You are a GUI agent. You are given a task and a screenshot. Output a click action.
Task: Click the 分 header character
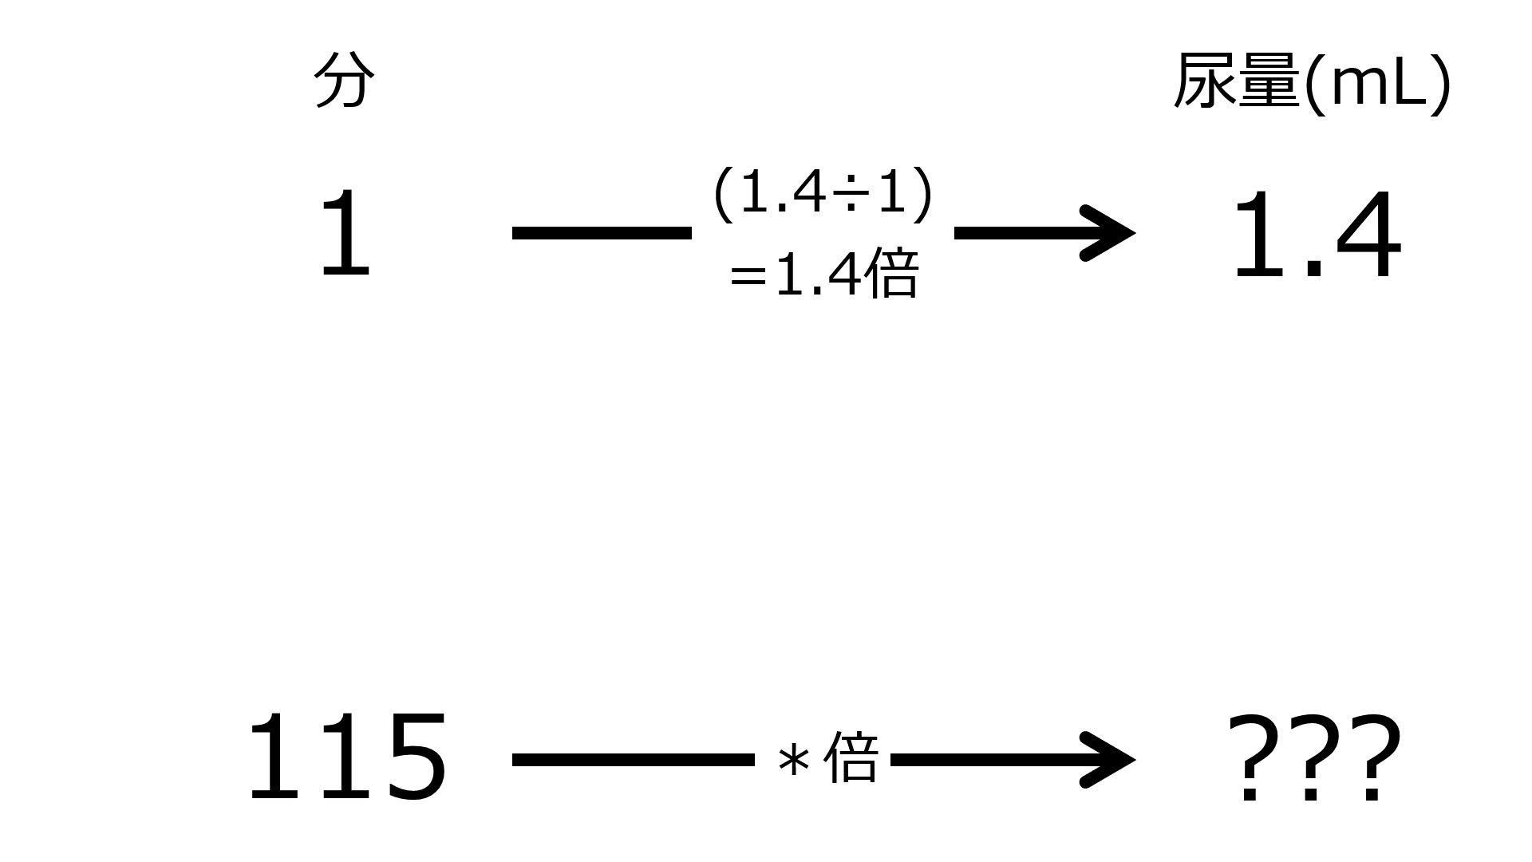click(344, 81)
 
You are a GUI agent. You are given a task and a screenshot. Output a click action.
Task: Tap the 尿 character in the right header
click(1205, 81)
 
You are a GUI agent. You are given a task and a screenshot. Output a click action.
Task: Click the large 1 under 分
click(345, 234)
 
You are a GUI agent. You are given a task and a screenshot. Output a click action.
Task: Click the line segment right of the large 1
click(602, 233)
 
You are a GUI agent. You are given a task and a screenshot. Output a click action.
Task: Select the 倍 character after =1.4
click(891, 273)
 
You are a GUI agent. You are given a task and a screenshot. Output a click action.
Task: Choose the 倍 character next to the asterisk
click(851, 756)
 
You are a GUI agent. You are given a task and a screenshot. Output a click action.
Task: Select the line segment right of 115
click(634, 760)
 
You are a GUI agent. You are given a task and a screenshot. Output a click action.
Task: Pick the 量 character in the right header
click(1269, 81)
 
